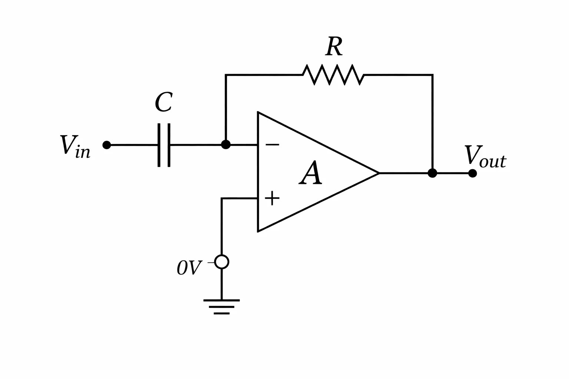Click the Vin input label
(75, 147)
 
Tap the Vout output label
(485, 157)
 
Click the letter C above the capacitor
(164, 102)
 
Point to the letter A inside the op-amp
(310, 172)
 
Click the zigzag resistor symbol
(333, 75)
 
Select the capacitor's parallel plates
(164, 145)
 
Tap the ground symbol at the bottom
(222, 307)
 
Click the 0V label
(190, 268)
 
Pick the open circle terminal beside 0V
(222, 262)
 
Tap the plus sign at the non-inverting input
(272, 198)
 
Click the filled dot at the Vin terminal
(107, 145)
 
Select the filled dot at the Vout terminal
(472, 173)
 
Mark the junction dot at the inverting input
(226, 145)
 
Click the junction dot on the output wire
(432, 173)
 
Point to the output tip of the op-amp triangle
(379, 173)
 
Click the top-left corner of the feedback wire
(226, 75)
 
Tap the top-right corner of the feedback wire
(432, 75)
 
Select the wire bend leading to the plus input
(222, 198)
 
